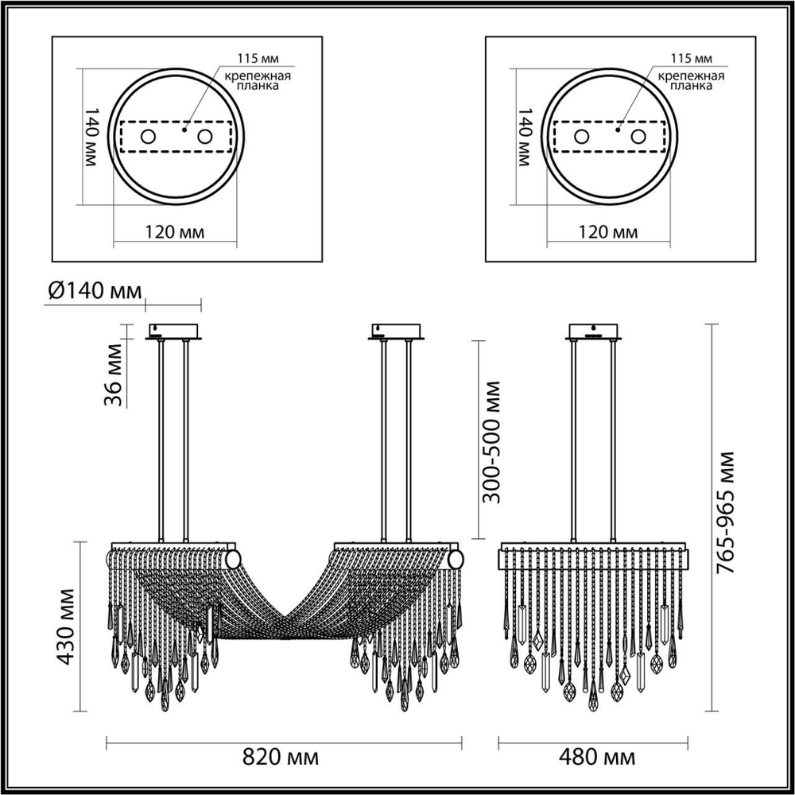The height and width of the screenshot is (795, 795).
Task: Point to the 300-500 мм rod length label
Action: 493,441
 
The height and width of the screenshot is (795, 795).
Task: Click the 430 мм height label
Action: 67,626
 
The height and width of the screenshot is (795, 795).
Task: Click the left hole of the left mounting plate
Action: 148,137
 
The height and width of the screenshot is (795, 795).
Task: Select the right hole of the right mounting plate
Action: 638,137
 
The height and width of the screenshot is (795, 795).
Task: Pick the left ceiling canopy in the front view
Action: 174,331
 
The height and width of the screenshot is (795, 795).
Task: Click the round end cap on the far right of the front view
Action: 455,560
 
